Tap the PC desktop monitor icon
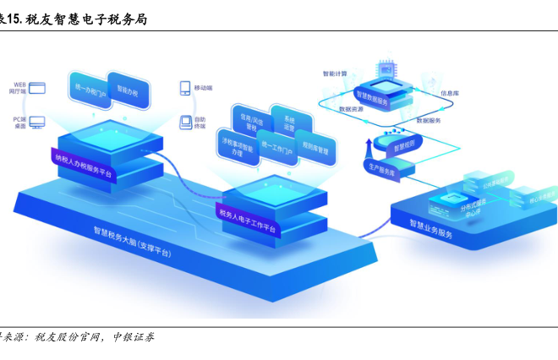click(x=36, y=123)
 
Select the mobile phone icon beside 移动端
click(x=184, y=88)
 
